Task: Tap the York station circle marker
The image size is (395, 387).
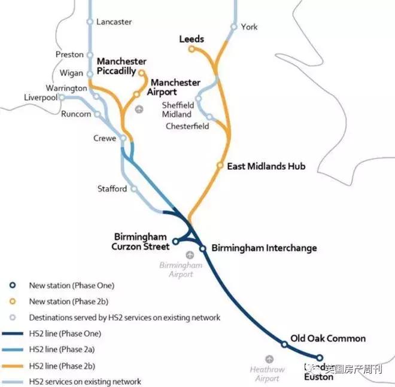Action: coord(234,27)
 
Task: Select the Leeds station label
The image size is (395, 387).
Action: coord(192,39)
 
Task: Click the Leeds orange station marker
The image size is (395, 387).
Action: coord(192,49)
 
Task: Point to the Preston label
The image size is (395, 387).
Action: coord(69,54)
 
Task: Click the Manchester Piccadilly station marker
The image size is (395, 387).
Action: coord(142,73)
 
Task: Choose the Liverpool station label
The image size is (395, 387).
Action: coord(40,97)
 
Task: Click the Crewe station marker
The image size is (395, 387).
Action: coord(123,138)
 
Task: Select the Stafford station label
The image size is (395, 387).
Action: coord(112,189)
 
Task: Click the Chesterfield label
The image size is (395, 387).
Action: coord(187,126)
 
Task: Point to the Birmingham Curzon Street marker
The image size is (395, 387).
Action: coord(175,242)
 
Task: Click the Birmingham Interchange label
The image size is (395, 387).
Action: coord(264,248)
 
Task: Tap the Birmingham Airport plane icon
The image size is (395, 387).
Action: coord(190,255)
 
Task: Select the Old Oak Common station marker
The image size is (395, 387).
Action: coord(284,344)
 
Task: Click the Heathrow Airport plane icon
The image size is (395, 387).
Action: coord(269,359)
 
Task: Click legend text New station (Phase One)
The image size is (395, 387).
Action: coord(71,285)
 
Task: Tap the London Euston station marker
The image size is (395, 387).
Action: coord(320,357)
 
